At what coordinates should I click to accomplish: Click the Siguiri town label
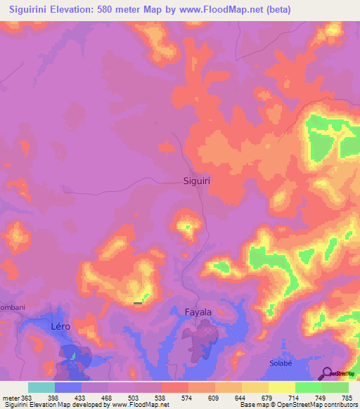point(198,180)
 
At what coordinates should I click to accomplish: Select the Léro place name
point(62,327)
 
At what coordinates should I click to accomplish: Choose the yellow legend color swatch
point(281,387)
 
